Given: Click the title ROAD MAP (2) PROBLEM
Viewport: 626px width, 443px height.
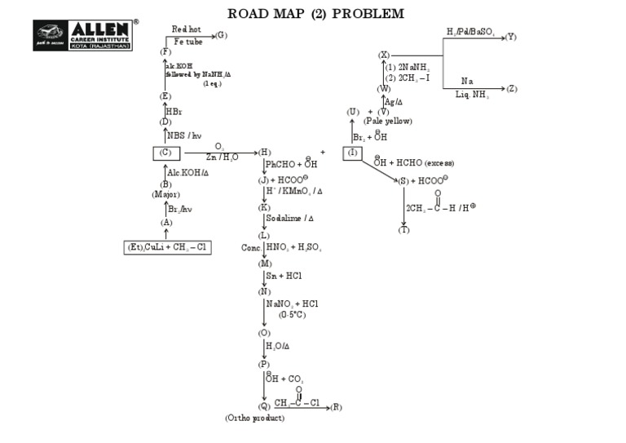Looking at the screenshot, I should (315, 14).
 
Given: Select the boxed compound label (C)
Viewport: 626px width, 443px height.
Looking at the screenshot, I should (166, 153).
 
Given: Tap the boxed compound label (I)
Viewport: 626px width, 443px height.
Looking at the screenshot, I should (352, 153).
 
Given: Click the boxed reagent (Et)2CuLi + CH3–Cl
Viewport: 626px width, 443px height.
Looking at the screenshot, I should (168, 246).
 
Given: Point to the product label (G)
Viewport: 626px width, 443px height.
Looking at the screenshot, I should (221, 35).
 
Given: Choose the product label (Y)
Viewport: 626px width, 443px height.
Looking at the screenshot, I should (510, 37).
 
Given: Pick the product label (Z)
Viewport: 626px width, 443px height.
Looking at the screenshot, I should (511, 88).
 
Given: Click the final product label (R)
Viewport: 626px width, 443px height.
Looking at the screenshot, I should (337, 406).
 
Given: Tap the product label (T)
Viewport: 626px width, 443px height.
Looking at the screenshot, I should (404, 230).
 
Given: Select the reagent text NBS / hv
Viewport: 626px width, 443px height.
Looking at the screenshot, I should (183, 135).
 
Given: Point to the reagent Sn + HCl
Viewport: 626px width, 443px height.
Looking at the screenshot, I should (284, 277).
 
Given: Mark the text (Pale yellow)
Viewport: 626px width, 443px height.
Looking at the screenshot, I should (387, 121).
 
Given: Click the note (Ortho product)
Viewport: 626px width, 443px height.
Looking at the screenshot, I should (255, 418).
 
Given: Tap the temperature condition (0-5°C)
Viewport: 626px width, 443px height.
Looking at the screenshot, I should (292, 314).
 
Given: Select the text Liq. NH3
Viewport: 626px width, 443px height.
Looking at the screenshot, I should (472, 95).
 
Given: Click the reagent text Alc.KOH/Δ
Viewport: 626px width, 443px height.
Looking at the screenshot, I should (187, 172).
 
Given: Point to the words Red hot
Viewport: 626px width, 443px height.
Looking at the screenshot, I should (186, 29).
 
